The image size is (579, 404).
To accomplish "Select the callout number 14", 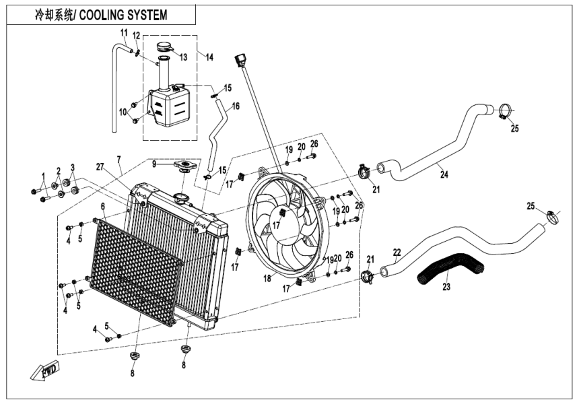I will (209, 58).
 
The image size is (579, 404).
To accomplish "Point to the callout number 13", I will (183, 57).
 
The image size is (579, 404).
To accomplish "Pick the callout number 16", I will (236, 106).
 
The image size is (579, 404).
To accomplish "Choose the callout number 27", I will (100, 166).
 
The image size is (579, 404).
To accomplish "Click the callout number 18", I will (269, 277).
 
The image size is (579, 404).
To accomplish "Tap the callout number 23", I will (444, 286).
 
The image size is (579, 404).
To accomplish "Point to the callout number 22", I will (397, 252).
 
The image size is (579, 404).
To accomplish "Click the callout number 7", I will (118, 159).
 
